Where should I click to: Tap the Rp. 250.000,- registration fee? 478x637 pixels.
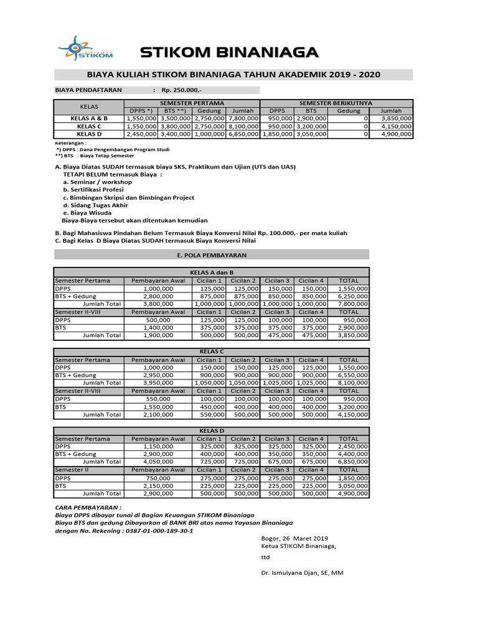(185, 90)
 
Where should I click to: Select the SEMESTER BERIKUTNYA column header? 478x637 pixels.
(336, 102)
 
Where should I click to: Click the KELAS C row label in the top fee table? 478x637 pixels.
(90, 125)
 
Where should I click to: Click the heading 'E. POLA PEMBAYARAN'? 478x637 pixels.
(212, 255)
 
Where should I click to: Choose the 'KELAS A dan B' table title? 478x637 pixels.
(212, 272)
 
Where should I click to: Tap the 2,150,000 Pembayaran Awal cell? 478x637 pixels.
(157, 486)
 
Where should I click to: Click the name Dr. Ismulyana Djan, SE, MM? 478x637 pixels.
(301, 572)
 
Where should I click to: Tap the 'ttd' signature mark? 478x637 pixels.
(266, 557)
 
